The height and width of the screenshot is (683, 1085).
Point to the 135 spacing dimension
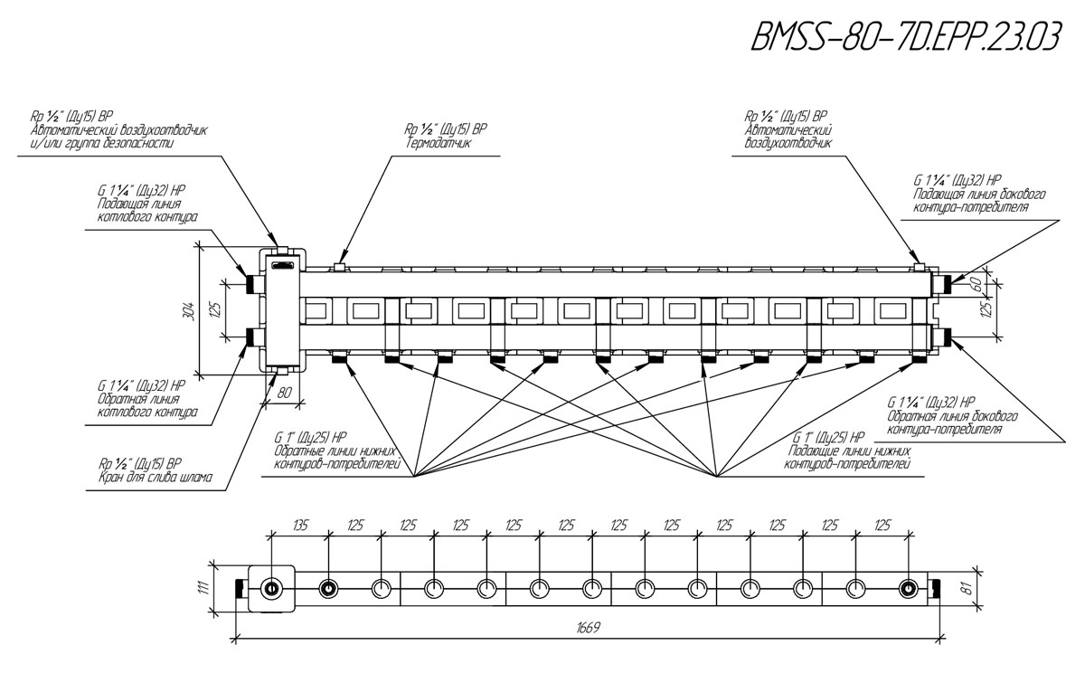pos(301,525)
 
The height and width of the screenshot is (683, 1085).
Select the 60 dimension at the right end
pos(977,284)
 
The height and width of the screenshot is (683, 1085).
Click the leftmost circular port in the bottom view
pos(272,588)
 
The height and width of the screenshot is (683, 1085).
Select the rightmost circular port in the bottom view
pos(907,588)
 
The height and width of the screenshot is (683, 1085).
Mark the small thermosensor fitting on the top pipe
pos(339,266)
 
